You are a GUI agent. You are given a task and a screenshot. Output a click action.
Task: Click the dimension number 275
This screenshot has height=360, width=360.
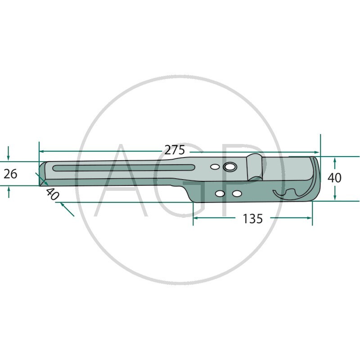tap(174, 150)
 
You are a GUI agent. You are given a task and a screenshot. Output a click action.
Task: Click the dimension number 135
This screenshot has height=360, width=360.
tap(252, 219)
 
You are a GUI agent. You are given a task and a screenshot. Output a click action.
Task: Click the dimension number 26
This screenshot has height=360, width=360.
tap(10, 173)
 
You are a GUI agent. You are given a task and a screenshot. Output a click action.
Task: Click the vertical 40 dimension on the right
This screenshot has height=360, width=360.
tap(334, 178)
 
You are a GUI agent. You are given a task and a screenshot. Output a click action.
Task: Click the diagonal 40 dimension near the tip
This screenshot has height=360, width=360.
tap(53, 194)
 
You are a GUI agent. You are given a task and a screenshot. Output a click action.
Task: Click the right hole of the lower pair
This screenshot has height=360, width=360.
tap(236, 193)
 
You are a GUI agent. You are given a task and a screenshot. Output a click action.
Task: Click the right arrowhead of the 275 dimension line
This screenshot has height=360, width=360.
tap(317, 153)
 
